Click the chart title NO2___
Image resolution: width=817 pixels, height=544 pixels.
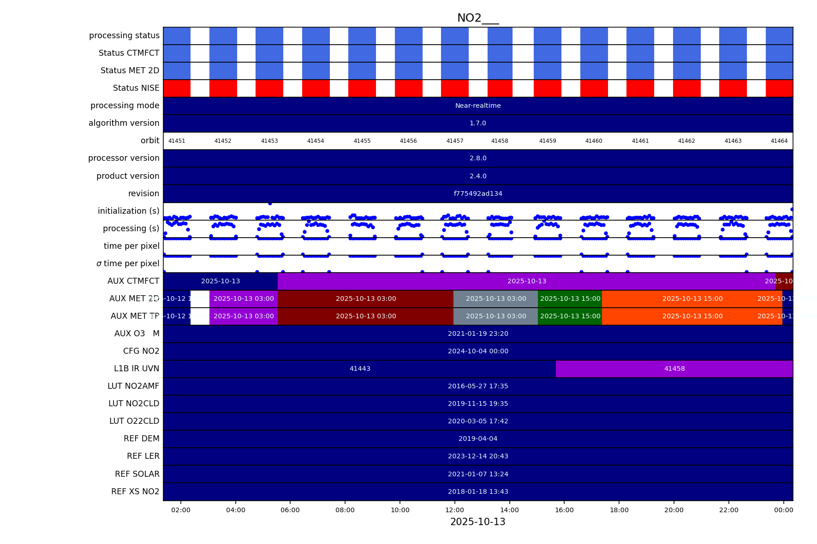click(x=478, y=18)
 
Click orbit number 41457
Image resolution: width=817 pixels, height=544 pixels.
click(x=455, y=141)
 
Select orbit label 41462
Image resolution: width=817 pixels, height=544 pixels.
click(x=686, y=141)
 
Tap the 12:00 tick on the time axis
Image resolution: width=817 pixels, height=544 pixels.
click(x=455, y=510)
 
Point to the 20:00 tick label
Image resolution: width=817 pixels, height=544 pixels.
click(x=674, y=510)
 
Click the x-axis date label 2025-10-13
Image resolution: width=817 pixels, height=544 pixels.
click(x=478, y=522)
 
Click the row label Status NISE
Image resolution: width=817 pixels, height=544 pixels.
click(x=136, y=88)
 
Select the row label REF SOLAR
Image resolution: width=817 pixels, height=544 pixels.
click(x=137, y=474)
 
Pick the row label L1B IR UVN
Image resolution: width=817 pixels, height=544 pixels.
click(x=137, y=369)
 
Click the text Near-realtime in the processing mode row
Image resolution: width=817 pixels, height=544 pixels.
click(x=478, y=105)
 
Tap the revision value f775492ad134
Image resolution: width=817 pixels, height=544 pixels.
click(x=478, y=193)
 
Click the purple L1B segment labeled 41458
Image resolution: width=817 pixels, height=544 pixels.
click(x=674, y=369)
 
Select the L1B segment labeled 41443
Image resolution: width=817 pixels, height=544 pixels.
click(x=360, y=369)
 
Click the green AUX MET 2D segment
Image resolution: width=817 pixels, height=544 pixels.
click(x=570, y=298)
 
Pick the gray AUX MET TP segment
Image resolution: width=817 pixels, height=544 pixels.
click(x=496, y=316)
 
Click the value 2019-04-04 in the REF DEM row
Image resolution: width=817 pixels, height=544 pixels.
click(x=478, y=439)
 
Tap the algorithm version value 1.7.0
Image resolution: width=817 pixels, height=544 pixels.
click(x=478, y=123)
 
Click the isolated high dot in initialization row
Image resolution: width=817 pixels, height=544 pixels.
click(x=270, y=203)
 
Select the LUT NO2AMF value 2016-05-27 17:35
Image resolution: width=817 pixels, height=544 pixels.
click(x=478, y=386)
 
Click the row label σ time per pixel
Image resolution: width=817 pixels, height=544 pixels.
click(x=128, y=263)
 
